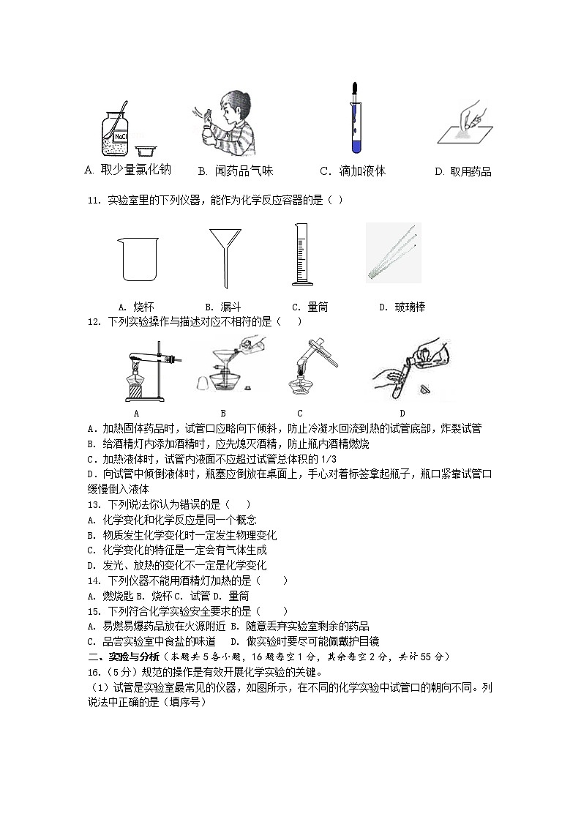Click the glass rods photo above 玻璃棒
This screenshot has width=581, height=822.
tap(394, 253)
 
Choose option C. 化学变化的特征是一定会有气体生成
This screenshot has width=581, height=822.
tap(176, 550)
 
